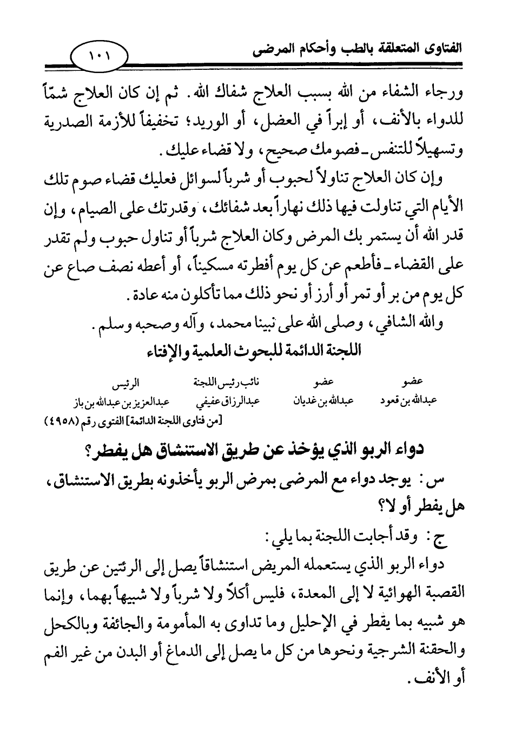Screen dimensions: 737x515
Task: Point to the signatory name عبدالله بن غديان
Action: (323, 400)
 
